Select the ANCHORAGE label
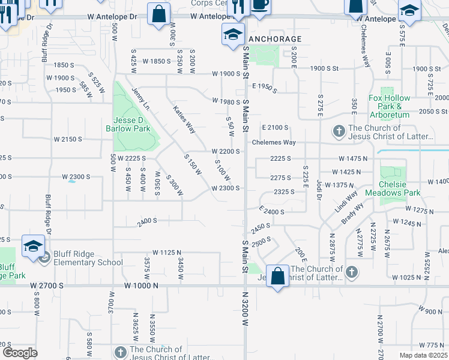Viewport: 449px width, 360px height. click(275, 38)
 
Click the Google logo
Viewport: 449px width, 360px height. click(20, 353)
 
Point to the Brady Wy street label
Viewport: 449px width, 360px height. click(354, 212)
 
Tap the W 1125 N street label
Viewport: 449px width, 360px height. click(167, 253)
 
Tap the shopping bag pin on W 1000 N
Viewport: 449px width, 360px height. click(277, 276)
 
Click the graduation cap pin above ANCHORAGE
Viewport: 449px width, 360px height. click(233, 35)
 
